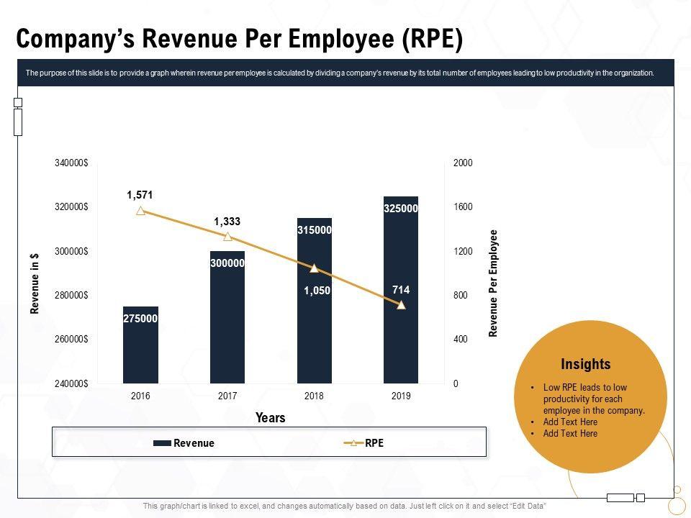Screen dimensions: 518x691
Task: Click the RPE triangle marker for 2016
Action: pyautogui.click(x=140, y=211)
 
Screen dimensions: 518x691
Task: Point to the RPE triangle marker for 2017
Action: pyautogui.click(x=227, y=237)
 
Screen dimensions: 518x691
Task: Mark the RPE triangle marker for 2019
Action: pyautogui.click(x=401, y=305)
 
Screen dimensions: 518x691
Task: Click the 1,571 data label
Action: pyautogui.click(x=140, y=195)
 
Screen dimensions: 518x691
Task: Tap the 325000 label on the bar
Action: pyautogui.click(x=401, y=209)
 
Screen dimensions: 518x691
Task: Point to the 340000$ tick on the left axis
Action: pyautogui.click(x=71, y=163)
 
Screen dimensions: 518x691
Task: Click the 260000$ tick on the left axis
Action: pyautogui.click(x=71, y=340)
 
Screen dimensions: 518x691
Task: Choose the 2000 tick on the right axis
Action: pyautogui.click(x=463, y=163)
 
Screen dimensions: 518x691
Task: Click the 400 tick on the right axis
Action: pyautogui.click(x=460, y=340)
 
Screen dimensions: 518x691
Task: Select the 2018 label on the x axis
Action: pyautogui.click(x=315, y=396)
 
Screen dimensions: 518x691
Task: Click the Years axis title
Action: pyautogui.click(x=271, y=418)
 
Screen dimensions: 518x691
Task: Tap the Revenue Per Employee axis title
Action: pyautogui.click(x=494, y=283)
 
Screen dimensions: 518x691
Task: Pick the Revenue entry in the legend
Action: pyautogui.click(x=184, y=443)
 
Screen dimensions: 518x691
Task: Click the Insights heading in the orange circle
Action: pyautogui.click(x=586, y=364)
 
